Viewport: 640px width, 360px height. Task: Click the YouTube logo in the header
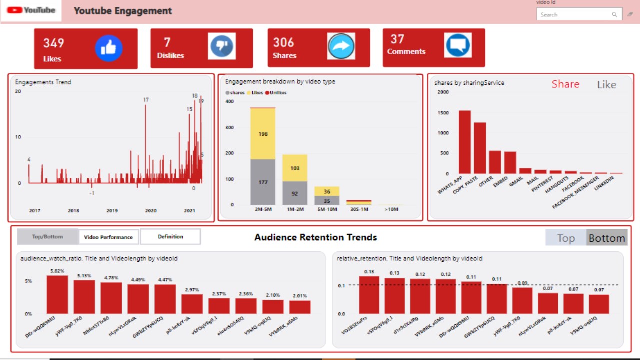pyautogui.click(x=31, y=10)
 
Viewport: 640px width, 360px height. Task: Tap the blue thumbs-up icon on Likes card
pyautogui.click(x=109, y=48)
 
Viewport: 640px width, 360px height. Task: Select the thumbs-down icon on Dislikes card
pyautogui.click(x=222, y=46)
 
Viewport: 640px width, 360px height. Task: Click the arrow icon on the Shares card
pyautogui.click(x=341, y=46)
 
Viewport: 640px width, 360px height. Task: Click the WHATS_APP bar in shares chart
pyautogui.click(x=465, y=142)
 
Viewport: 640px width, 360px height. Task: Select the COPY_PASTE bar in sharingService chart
pyautogui.click(x=480, y=148)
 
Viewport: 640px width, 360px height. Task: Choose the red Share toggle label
pyautogui.click(x=565, y=84)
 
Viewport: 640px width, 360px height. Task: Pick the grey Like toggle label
pyautogui.click(x=606, y=85)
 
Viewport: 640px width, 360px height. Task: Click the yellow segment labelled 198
pyautogui.click(x=263, y=134)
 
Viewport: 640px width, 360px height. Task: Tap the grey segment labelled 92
pyautogui.click(x=295, y=193)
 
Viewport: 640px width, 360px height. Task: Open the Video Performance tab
pyautogui.click(x=108, y=237)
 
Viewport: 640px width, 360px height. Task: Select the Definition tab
pyautogui.click(x=170, y=237)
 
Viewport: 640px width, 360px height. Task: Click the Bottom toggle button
pyautogui.click(x=606, y=238)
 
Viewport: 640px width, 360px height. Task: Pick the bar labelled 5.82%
pyautogui.click(x=57, y=295)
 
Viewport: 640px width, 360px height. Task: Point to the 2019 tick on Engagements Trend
pyautogui.click(x=112, y=211)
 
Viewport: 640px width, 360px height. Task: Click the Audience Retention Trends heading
pyautogui.click(x=315, y=237)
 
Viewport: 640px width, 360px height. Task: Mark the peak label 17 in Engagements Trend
pyautogui.click(x=146, y=100)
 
